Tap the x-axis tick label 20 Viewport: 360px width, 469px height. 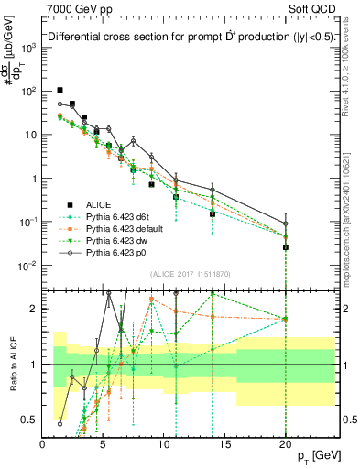[286, 443]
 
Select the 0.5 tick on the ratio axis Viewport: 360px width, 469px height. [31, 420]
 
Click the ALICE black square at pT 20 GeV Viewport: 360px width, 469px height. [286, 247]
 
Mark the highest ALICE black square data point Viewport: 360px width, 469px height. [60, 90]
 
